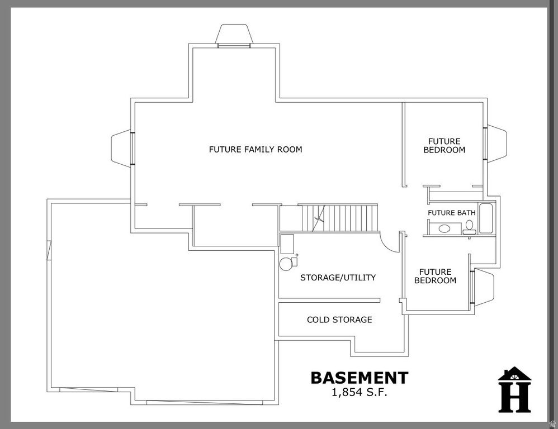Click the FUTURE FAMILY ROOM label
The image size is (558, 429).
coord(256,149)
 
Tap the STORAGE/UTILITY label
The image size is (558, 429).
coord(338,277)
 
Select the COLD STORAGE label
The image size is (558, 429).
coord(339,320)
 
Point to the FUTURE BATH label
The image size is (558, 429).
coord(452,213)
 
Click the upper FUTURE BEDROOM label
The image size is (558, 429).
coord(444,146)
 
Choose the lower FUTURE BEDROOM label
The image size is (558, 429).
coord(436,276)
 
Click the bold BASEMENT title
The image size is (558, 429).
coord(360,378)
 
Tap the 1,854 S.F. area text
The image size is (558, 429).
coord(360,392)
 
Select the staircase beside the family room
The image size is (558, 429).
coord(340,218)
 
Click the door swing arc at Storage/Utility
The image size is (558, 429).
coord(389,242)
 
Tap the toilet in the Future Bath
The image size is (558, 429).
coord(469,226)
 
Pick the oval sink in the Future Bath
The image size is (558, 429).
coord(446,228)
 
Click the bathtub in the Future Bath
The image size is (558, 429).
coord(486,220)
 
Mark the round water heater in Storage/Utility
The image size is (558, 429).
coord(286,264)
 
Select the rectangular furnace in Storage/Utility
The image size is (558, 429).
coord(287,242)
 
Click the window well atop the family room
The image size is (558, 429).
coord(235,35)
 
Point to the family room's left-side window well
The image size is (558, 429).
coord(121,148)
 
